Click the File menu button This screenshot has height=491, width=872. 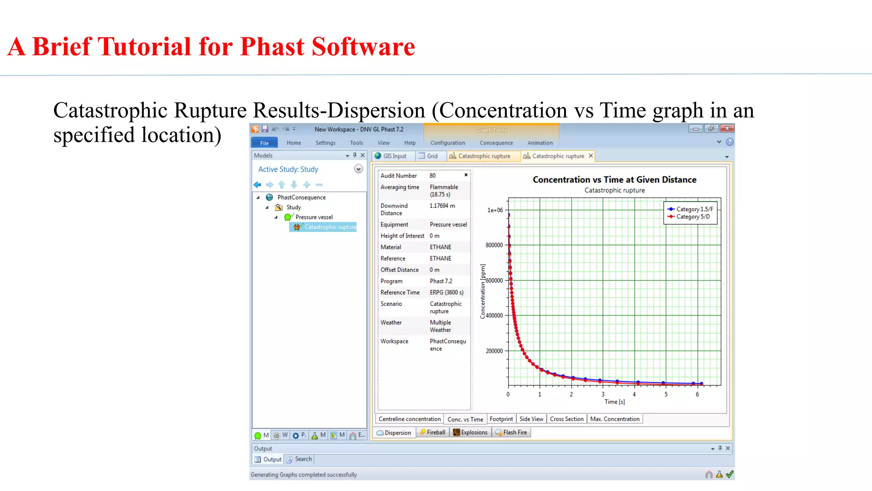(264, 143)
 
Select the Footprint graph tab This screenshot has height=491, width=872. (501, 419)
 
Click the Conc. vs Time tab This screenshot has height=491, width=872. (465, 419)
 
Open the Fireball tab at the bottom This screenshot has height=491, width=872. (433, 432)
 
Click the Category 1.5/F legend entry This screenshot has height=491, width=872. (694, 209)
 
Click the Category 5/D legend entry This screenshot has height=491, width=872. (693, 217)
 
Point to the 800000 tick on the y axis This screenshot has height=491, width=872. (494, 245)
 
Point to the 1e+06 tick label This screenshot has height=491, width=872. (495, 210)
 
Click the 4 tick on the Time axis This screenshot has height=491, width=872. (634, 394)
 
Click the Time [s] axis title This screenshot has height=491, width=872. (614, 402)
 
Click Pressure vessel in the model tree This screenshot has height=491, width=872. (314, 217)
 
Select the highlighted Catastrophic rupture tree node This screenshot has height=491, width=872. (330, 227)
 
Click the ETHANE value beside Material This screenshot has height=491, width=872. (440, 247)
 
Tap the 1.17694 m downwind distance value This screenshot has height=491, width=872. (442, 206)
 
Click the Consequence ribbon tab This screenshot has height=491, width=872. (496, 143)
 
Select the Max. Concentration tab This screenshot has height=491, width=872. (614, 419)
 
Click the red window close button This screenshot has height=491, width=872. (727, 128)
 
